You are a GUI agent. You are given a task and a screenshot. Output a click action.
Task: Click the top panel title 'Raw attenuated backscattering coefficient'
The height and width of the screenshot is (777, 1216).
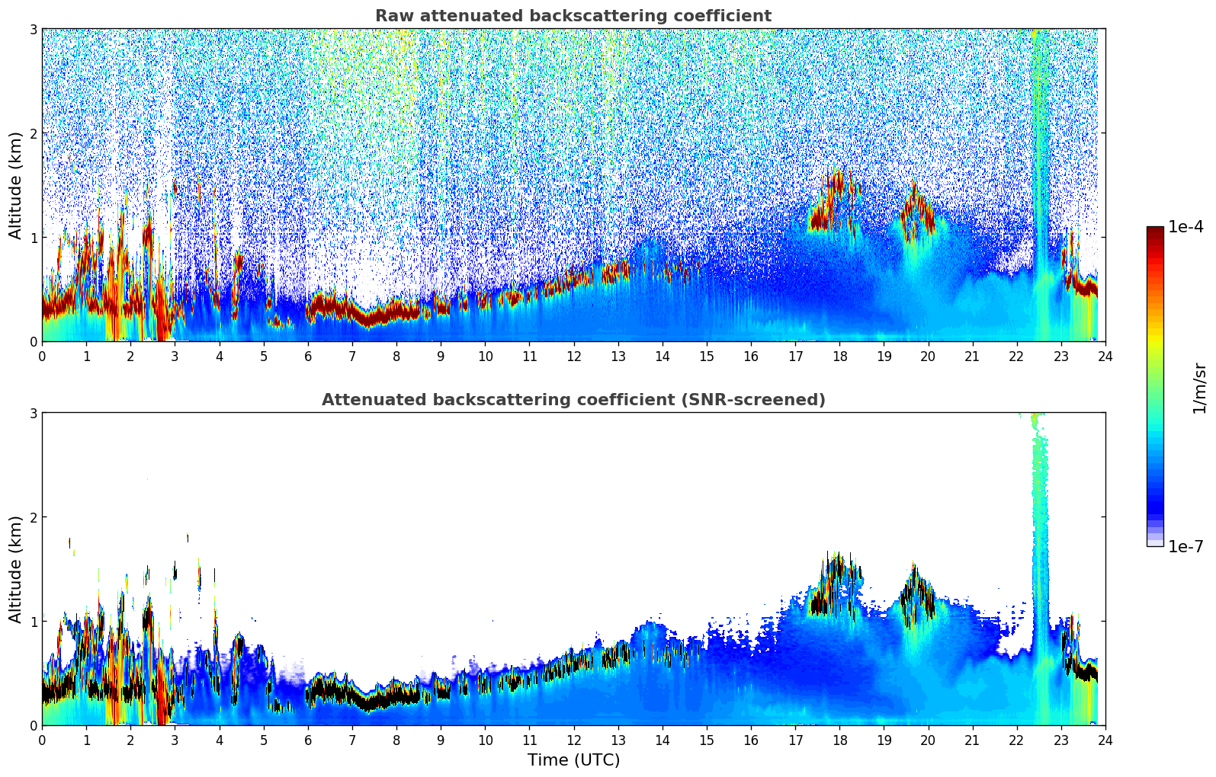(573, 16)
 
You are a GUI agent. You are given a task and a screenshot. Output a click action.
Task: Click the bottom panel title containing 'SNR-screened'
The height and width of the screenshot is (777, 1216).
(573, 400)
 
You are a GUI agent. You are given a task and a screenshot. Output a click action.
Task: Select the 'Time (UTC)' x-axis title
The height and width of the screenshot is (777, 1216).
(573, 760)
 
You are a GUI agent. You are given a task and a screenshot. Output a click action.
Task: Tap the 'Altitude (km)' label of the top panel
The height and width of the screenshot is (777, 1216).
(15, 185)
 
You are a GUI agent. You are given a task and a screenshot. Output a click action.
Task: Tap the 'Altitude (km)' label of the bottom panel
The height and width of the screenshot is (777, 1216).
(15, 569)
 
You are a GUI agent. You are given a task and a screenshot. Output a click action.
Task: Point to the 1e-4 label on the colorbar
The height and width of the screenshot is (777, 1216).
(1186, 227)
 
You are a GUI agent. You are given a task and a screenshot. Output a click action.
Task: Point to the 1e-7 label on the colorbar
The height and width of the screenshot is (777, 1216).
(1186, 546)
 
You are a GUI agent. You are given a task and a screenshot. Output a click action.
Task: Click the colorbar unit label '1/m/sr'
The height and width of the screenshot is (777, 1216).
(1199, 388)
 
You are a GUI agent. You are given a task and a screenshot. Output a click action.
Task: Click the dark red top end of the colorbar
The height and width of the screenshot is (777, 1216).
(1155, 230)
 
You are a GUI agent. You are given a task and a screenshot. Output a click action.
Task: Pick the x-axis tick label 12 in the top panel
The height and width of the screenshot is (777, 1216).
(573, 357)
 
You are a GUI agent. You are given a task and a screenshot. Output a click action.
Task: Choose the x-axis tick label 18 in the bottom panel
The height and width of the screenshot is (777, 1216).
(839, 740)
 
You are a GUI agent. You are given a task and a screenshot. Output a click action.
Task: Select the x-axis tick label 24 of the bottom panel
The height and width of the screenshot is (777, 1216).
(1105, 740)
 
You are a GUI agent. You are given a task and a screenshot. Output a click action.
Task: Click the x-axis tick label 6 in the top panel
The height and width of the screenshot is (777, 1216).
(308, 357)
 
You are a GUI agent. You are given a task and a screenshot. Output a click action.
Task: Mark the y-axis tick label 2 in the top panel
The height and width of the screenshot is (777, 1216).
(33, 133)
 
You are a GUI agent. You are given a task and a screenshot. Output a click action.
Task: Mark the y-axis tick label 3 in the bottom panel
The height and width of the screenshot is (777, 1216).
(33, 413)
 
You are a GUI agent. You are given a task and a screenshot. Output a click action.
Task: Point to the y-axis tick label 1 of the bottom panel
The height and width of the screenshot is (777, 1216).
(33, 622)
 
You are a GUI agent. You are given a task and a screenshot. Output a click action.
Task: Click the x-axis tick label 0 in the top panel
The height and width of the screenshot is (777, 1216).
(42, 357)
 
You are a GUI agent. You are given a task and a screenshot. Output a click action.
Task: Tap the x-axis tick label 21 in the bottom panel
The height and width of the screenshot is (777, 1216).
(972, 740)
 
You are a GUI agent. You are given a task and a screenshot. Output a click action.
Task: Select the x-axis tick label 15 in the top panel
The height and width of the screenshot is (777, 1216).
(707, 357)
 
